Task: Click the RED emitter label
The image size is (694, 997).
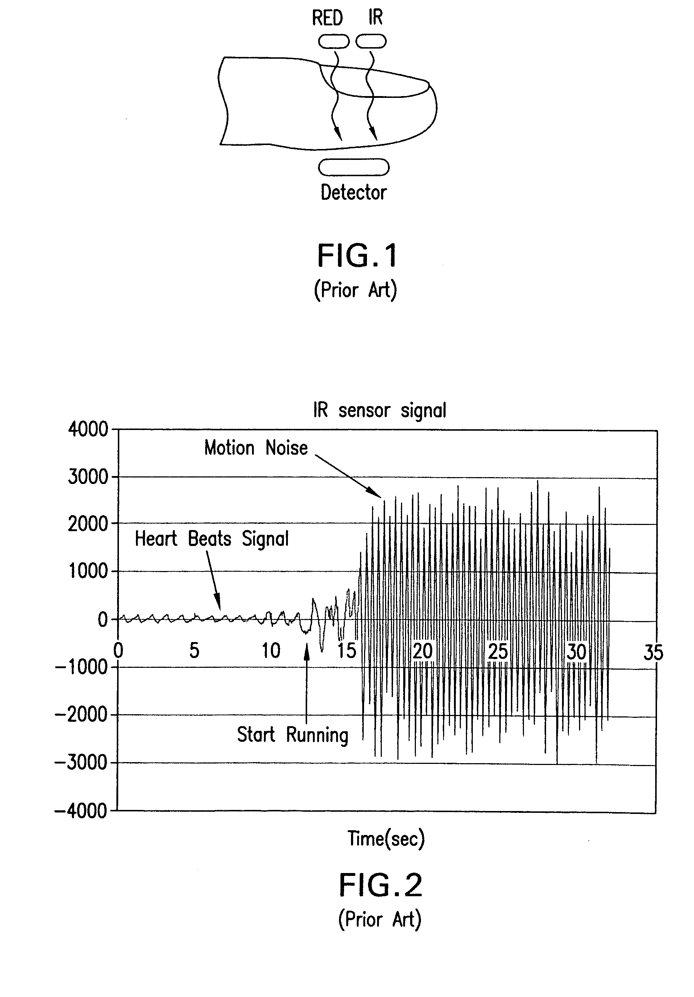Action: click(x=327, y=18)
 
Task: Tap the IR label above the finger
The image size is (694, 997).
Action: click(x=375, y=18)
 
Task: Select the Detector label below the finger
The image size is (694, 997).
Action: click(x=354, y=193)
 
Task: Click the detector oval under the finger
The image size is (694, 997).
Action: click(x=354, y=167)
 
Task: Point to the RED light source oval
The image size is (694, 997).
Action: click(x=334, y=42)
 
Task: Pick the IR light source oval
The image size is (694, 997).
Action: click(x=371, y=42)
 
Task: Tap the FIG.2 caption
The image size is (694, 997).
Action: click(x=380, y=886)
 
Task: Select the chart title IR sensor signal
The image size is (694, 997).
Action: click(x=380, y=410)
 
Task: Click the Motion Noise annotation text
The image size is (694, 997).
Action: click(x=256, y=448)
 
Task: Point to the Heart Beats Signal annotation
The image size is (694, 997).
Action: click(x=211, y=539)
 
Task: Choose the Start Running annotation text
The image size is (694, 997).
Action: click(x=292, y=735)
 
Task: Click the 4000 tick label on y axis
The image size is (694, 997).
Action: click(x=88, y=430)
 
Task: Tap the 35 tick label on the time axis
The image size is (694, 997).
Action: click(x=653, y=652)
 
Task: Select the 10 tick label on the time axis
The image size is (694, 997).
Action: click(x=270, y=651)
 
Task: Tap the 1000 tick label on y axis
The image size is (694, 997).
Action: click(x=88, y=571)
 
